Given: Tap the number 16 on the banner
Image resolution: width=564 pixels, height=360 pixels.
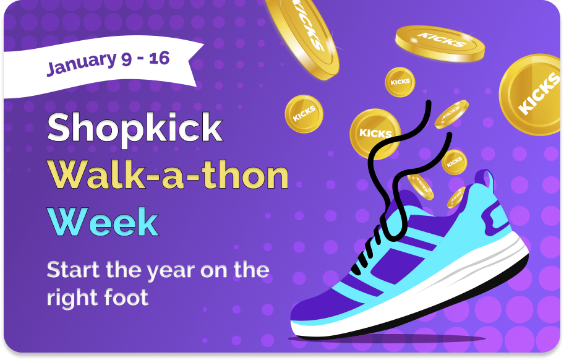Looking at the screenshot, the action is (x=159, y=58).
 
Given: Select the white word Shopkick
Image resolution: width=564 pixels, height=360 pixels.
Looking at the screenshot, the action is (x=135, y=127).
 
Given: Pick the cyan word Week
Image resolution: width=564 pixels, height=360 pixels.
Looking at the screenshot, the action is (x=103, y=222).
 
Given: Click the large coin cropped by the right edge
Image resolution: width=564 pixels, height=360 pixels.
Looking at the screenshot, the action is (x=531, y=94).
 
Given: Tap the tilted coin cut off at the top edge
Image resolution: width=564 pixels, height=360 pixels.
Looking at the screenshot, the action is (x=303, y=38).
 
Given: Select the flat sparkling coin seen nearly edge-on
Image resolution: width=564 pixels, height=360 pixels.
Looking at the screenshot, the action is (x=440, y=44).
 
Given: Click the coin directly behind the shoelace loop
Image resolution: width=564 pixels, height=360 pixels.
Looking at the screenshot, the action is (x=374, y=134).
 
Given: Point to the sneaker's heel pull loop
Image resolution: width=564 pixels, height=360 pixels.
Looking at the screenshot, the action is (x=485, y=180).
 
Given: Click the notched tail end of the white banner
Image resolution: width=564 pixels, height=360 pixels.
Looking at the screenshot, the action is (x=196, y=65).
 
